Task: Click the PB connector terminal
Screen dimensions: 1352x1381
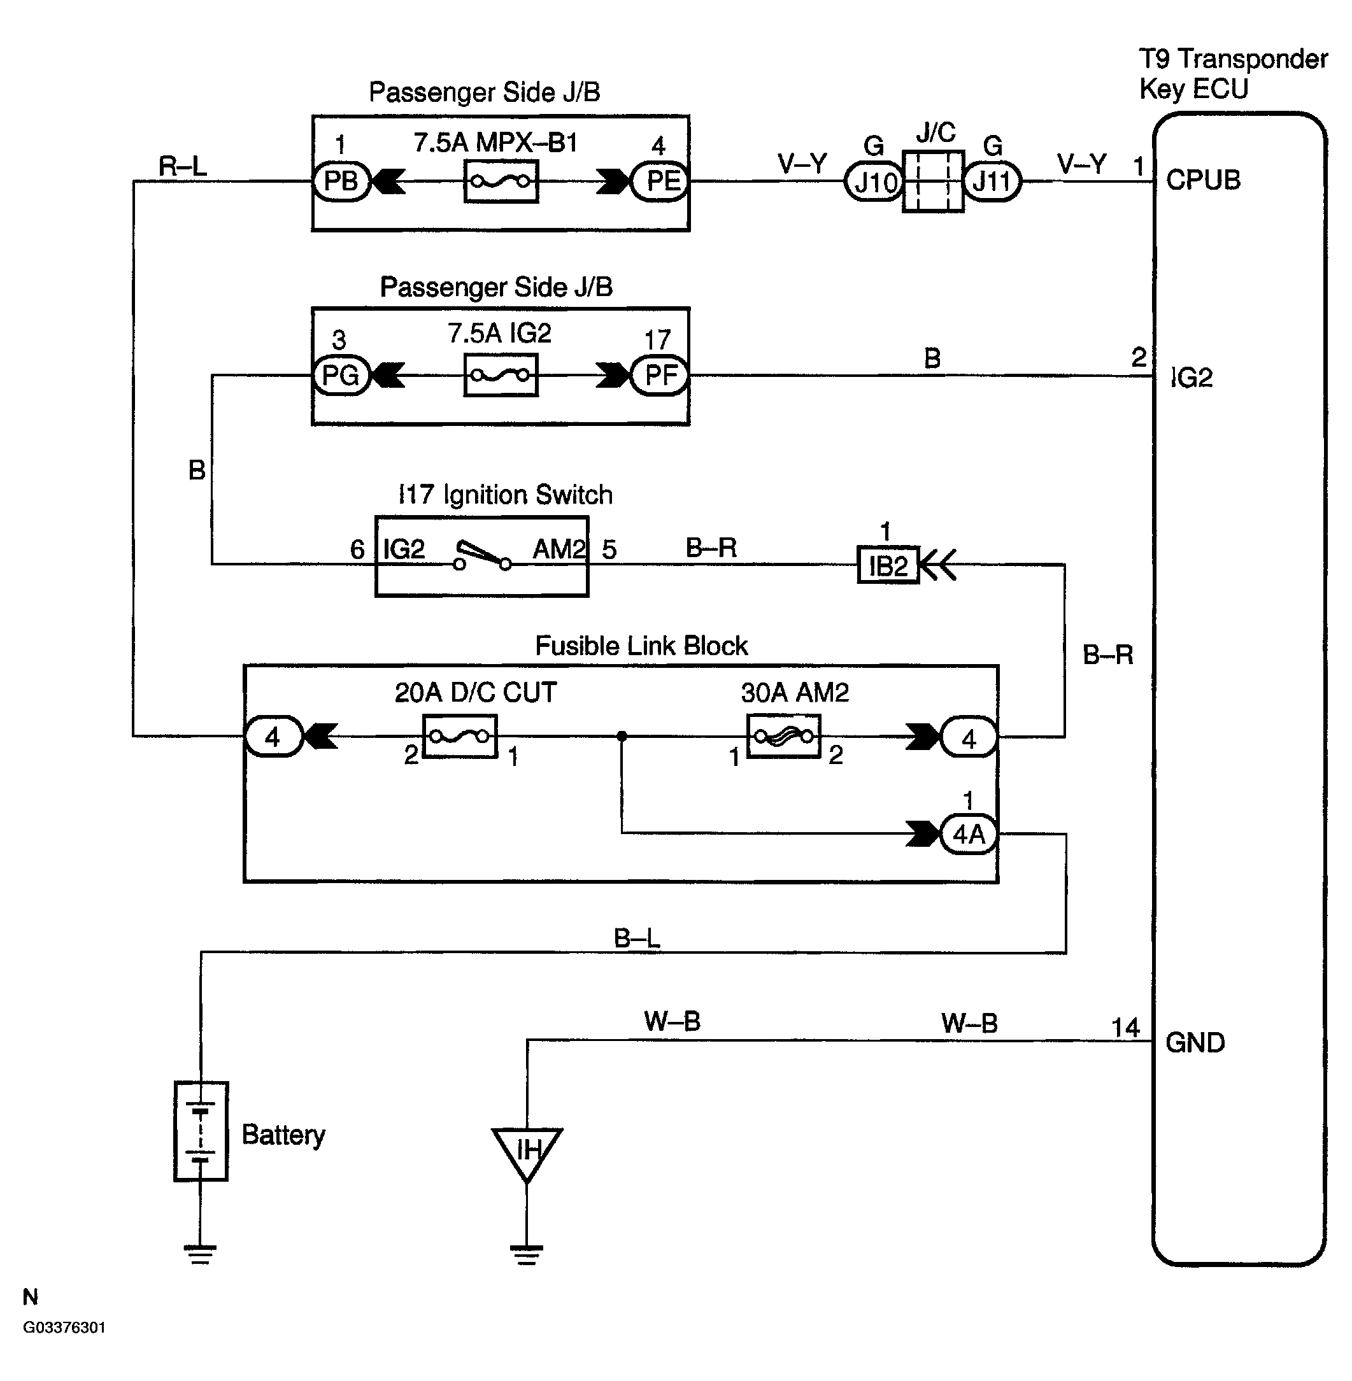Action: tap(341, 181)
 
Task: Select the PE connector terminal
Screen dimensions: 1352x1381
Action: tap(660, 181)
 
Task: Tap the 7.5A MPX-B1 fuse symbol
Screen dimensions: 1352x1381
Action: tap(501, 181)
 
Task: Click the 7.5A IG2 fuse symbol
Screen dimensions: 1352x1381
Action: tap(501, 375)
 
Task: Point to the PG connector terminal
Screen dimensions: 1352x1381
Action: tap(341, 375)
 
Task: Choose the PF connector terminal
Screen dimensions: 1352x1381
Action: tap(660, 375)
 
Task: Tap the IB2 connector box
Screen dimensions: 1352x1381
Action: tap(888, 565)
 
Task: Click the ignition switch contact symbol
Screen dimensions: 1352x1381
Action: tap(482, 556)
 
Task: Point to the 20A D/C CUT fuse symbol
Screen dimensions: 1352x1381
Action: tap(459, 736)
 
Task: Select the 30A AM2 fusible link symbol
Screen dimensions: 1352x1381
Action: tap(784, 736)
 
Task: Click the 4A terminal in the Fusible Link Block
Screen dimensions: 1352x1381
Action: tap(969, 833)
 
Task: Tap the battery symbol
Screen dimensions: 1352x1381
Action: tap(201, 1130)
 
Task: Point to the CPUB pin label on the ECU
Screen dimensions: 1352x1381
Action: tap(1204, 180)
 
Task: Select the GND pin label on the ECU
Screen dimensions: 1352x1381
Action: tap(1196, 1042)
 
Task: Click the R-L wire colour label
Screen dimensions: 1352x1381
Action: tap(183, 167)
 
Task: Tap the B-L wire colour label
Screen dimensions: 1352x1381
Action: tap(637, 938)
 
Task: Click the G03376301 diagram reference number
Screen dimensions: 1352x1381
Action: tap(64, 1327)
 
